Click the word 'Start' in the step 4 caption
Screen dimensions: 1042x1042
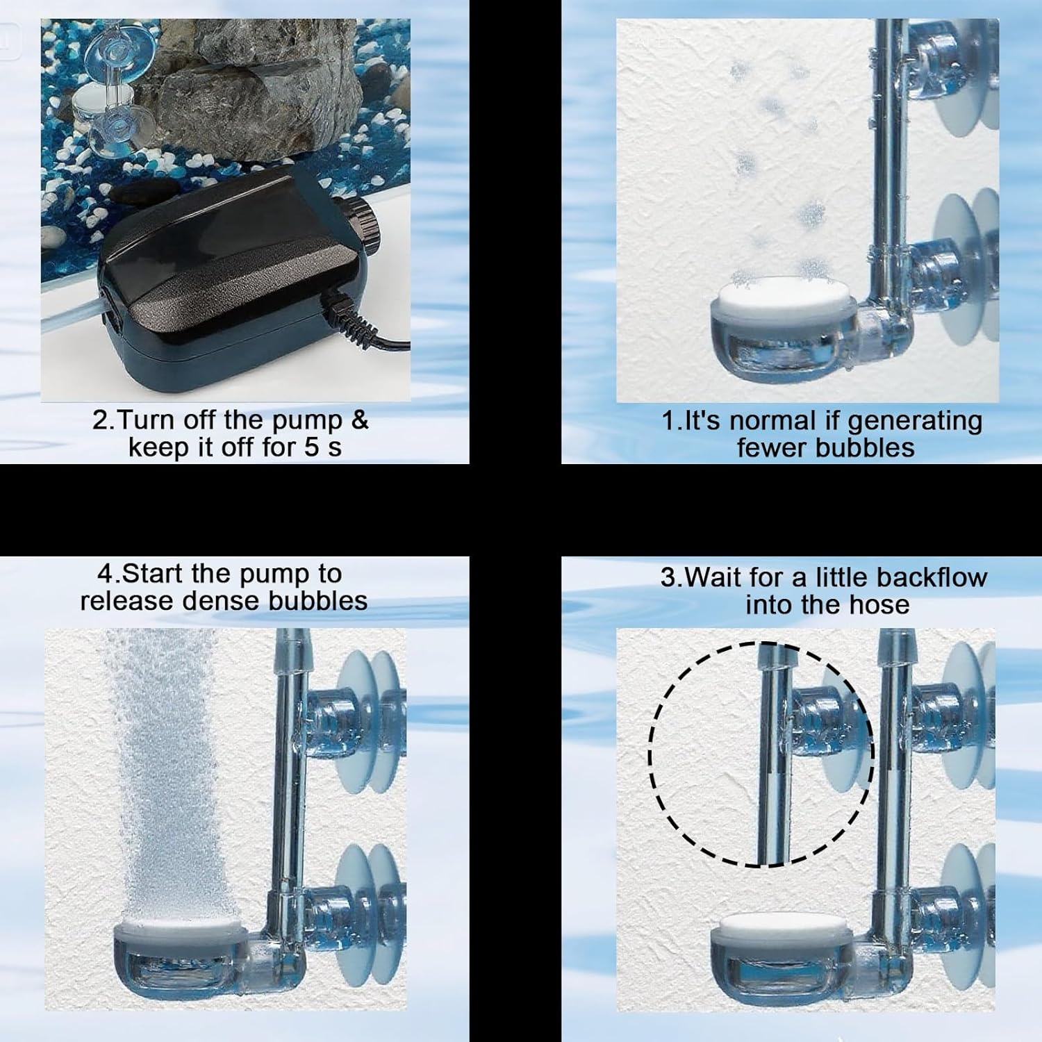153,574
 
